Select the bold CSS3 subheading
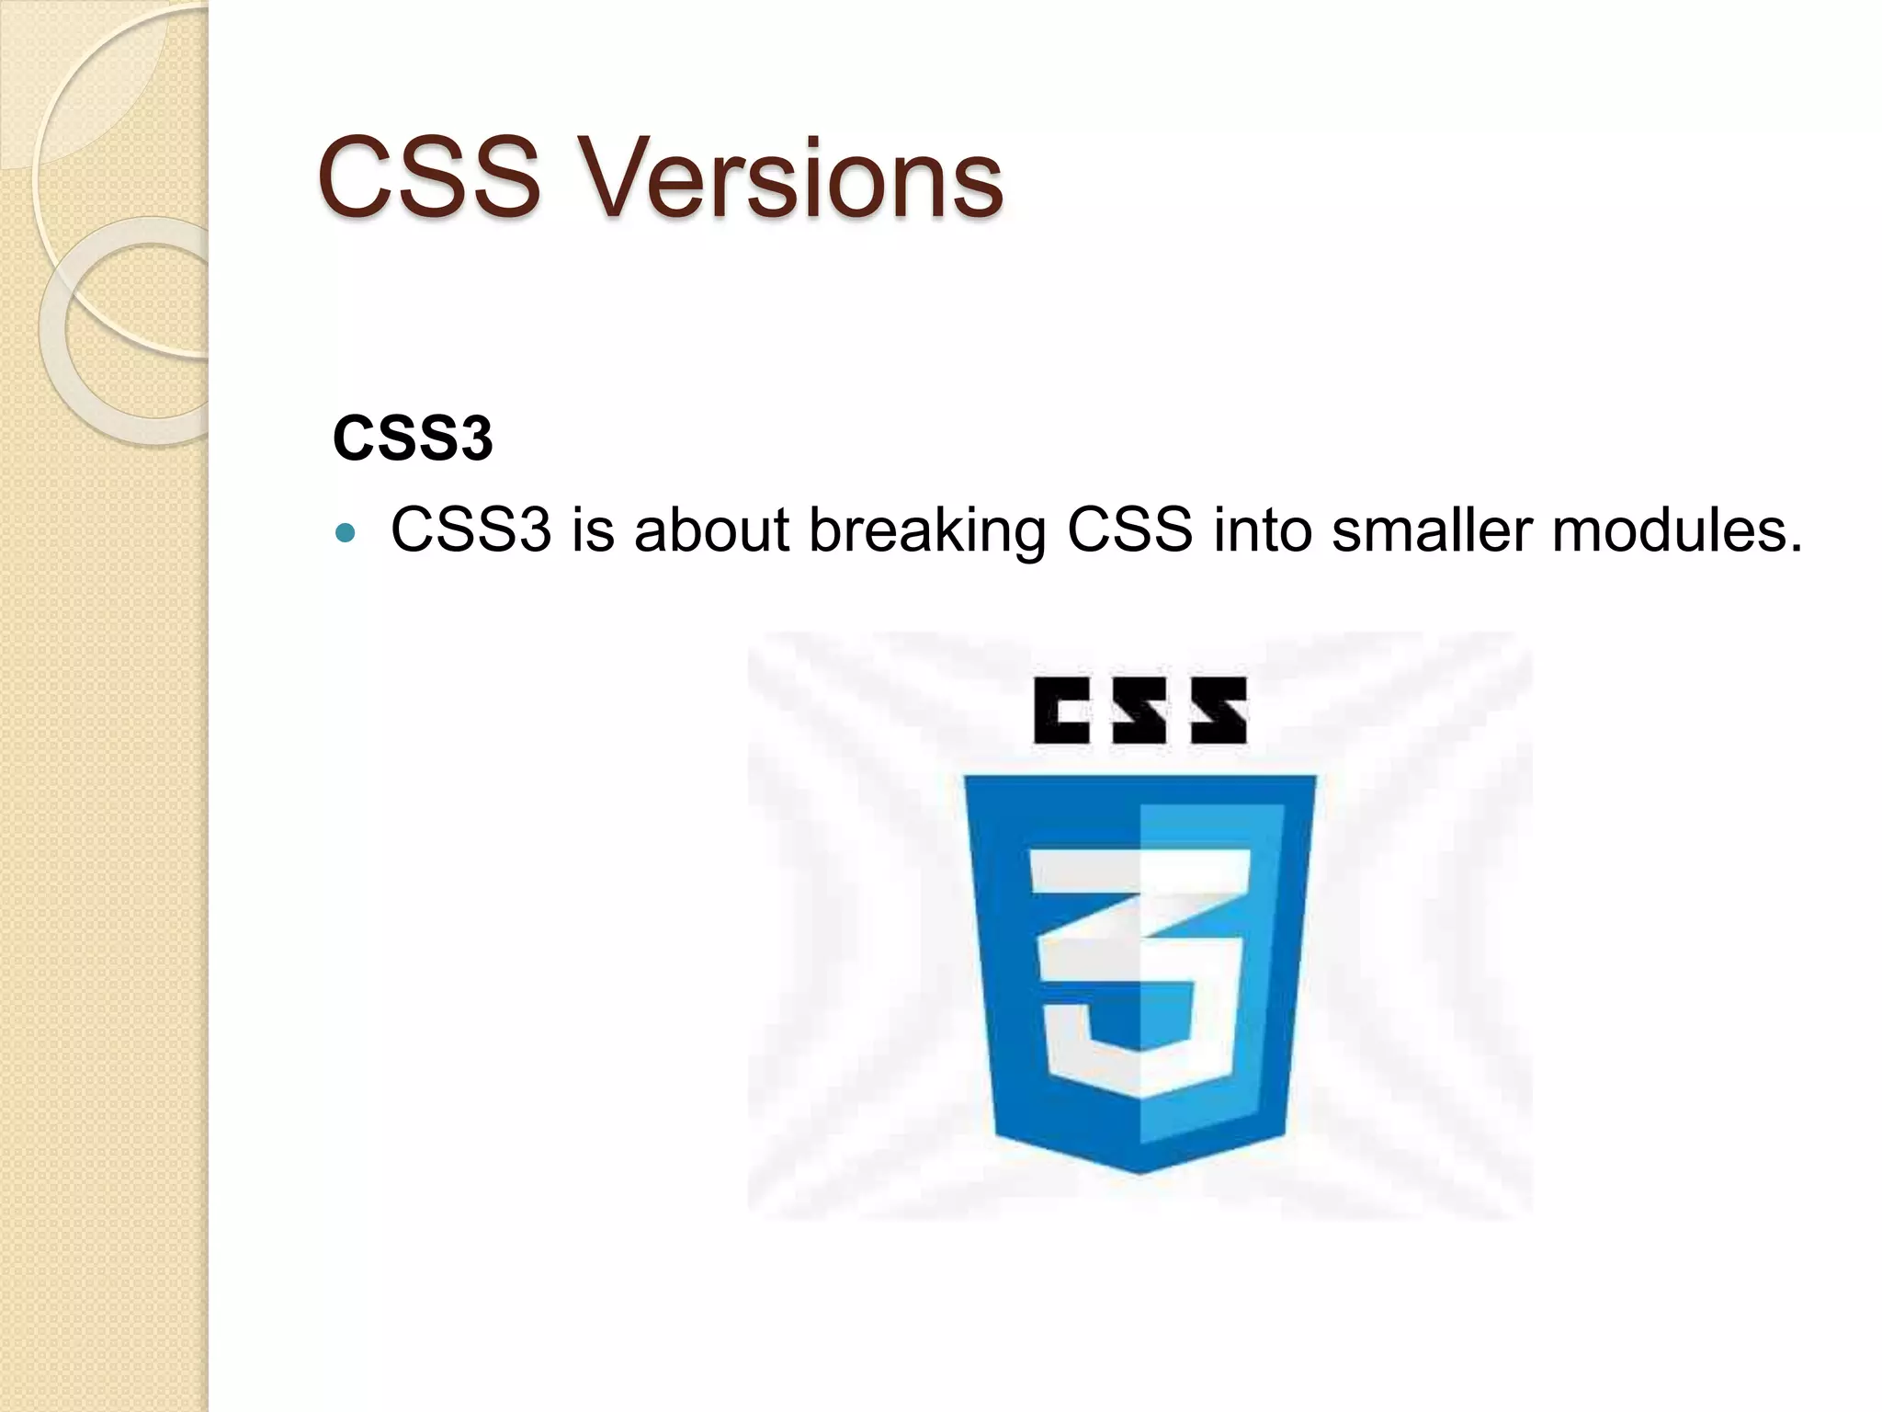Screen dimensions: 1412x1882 point(413,438)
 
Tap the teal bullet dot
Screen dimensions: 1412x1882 point(346,532)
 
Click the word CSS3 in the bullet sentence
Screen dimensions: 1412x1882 point(470,530)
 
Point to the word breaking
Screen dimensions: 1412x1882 point(926,532)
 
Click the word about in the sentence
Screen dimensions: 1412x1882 point(711,530)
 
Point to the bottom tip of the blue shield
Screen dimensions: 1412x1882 point(1139,1170)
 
